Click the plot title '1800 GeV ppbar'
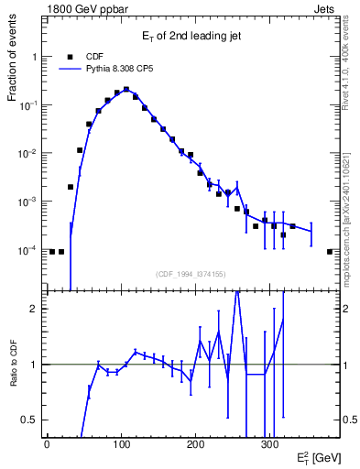click(80, 7)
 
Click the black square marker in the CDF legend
click(70, 56)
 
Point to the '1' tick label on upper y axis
click(34, 57)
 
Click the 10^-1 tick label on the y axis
click(29, 105)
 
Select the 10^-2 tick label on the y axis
click(29, 154)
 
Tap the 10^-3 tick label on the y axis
click(29, 202)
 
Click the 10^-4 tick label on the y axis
click(29, 250)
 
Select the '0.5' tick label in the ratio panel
click(29, 420)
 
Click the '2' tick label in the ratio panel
click(34, 309)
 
